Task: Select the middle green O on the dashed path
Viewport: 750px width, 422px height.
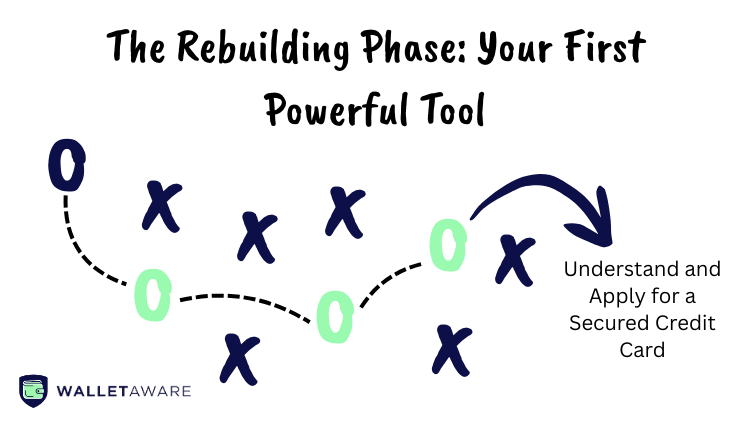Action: tap(331, 315)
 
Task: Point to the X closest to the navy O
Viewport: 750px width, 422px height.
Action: tap(160, 205)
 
